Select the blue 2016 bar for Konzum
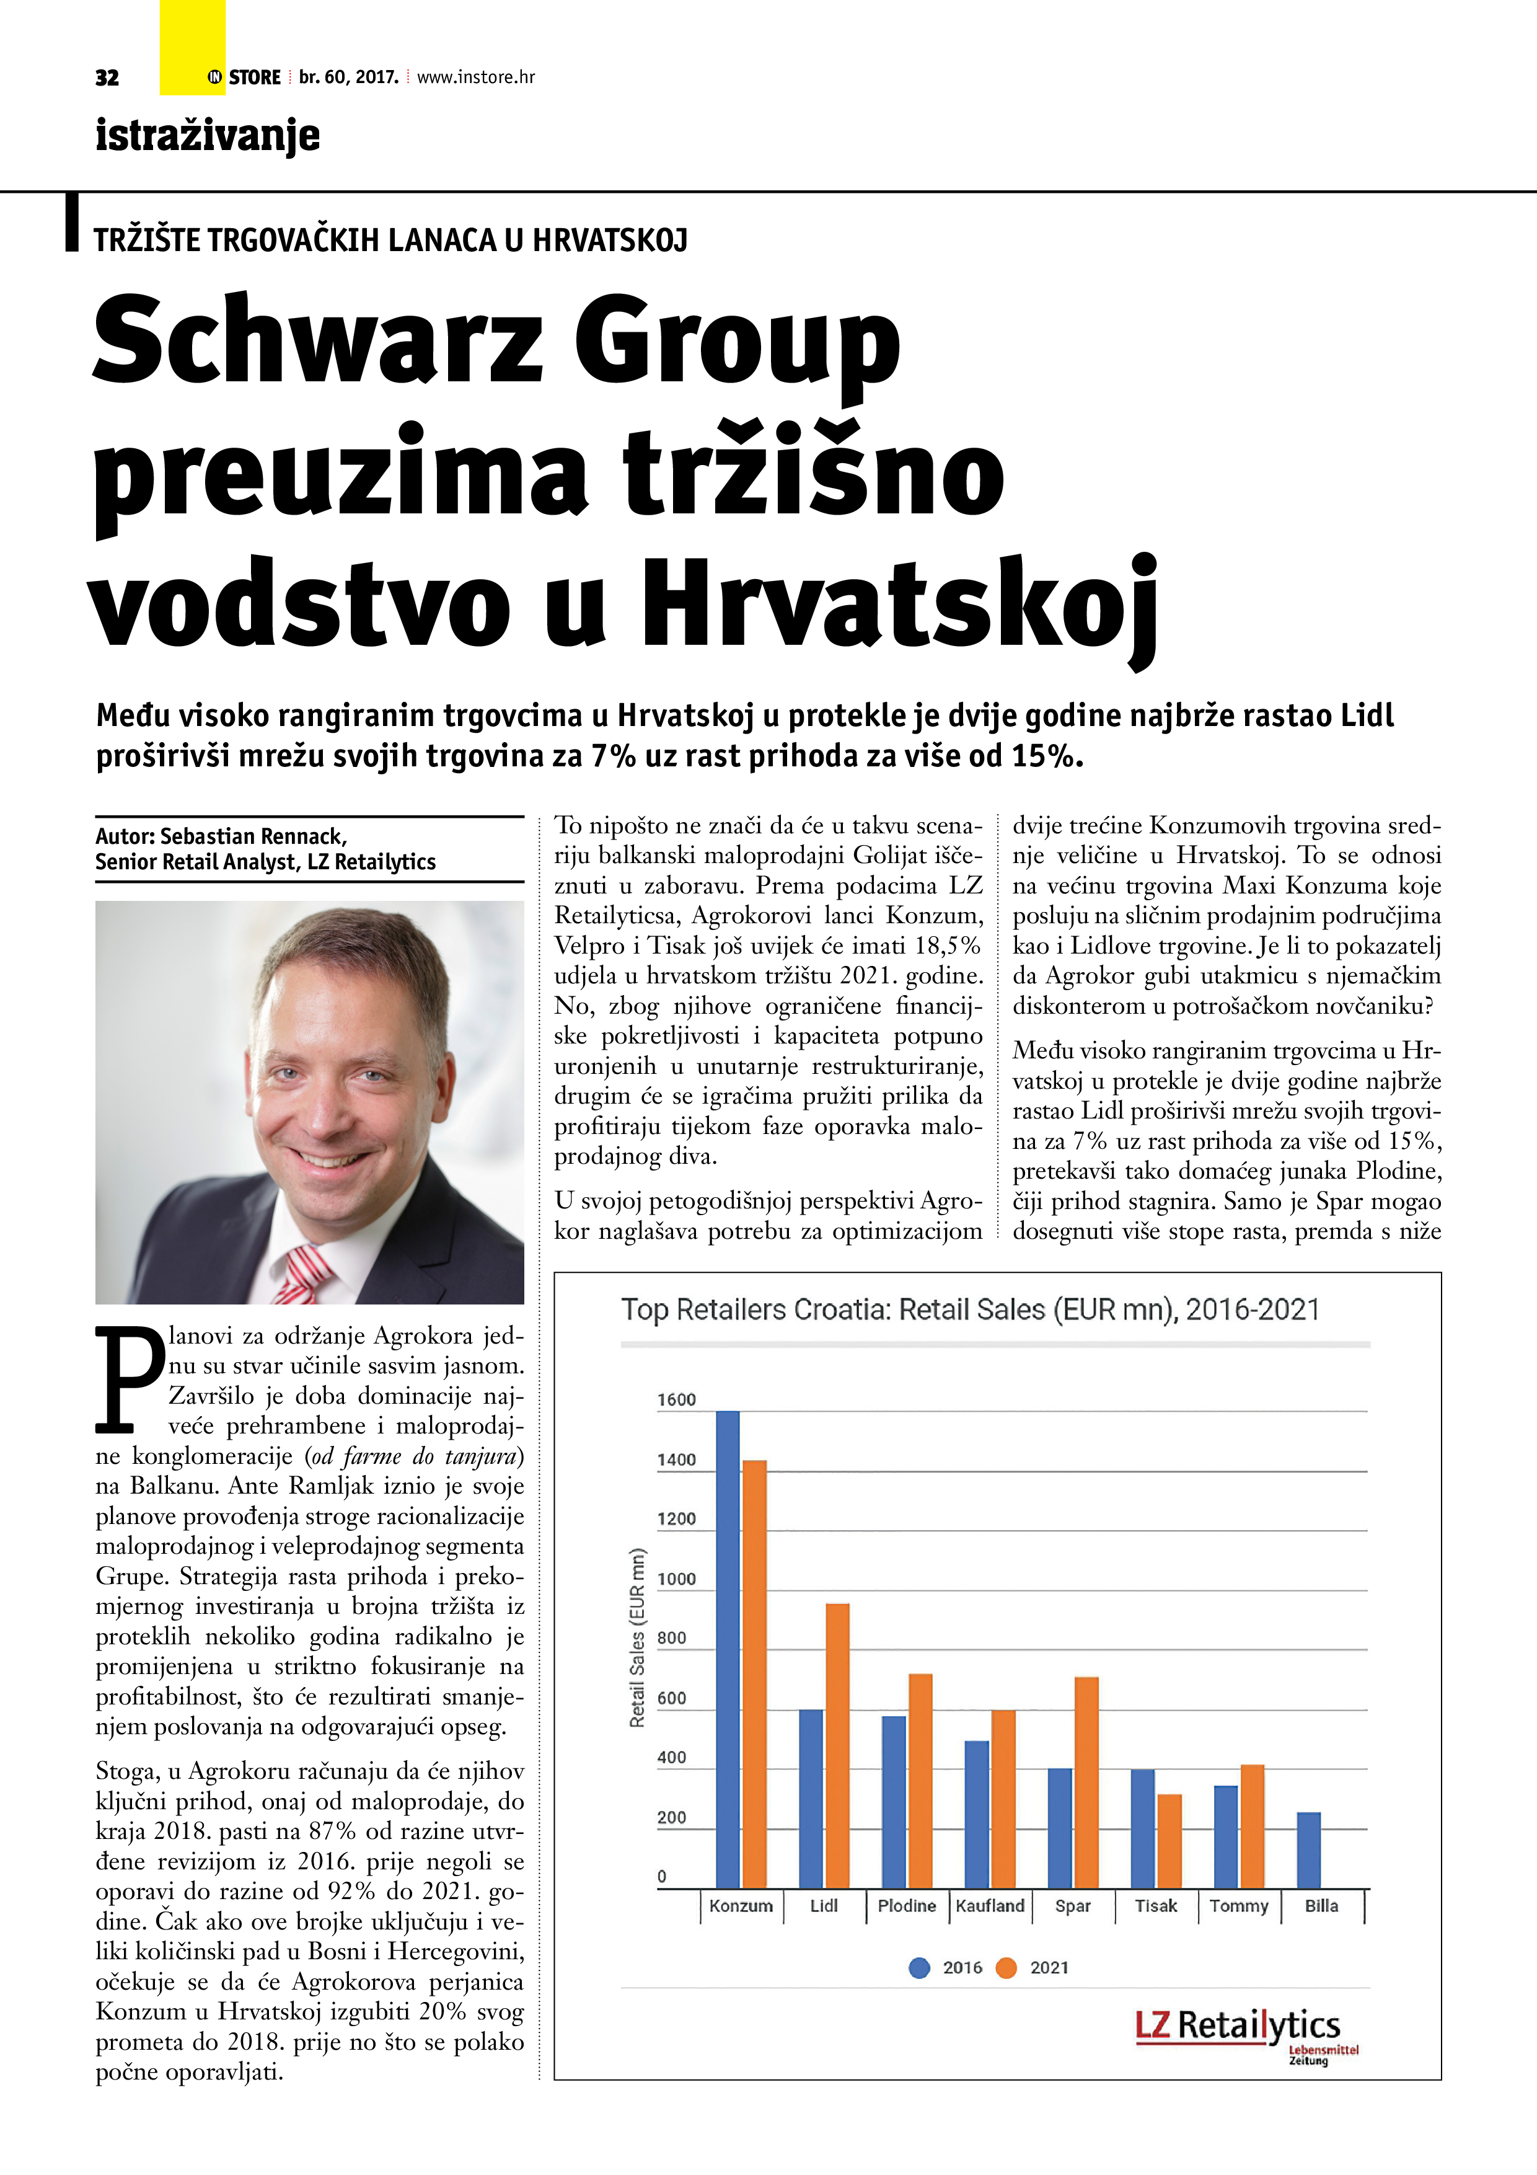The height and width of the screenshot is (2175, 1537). point(728,1649)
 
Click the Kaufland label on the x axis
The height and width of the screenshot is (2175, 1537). point(990,1906)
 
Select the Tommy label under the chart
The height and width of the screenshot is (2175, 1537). point(1239,1906)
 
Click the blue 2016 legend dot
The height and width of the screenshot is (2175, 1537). point(918,1967)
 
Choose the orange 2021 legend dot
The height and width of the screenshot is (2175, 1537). point(1006,1967)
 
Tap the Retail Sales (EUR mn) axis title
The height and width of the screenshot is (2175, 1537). point(637,1638)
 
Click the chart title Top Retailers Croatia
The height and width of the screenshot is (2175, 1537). point(970,1310)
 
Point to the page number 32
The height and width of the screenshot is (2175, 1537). point(107,78)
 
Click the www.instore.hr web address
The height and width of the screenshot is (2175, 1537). point(475,78)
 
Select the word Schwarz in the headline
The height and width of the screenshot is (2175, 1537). point(317,339)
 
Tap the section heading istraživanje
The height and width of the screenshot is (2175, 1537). point(208,135)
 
